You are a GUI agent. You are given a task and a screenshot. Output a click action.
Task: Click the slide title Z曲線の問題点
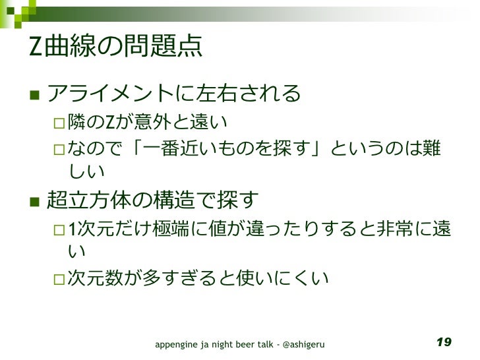(x=115, y=48)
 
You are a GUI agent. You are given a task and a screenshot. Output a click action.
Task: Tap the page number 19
(x=444, y=342)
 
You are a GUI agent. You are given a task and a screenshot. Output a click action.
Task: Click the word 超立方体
(x=86, y=198)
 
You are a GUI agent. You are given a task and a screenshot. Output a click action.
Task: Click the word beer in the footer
(x=251, y=344)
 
